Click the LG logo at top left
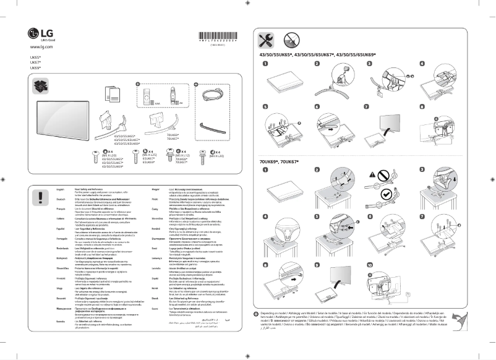pyautogui.click(x=40, y=35)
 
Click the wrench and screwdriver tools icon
pyautogui.click(x=267, y=41)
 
